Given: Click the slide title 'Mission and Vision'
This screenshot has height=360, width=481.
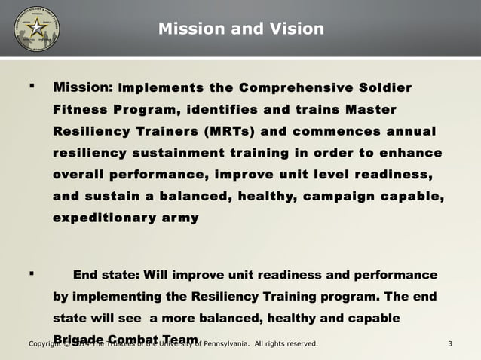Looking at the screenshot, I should pyautogui.click(x=241, y=29).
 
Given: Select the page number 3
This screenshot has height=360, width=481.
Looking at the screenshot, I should pyautogui.click(x=449, y=345).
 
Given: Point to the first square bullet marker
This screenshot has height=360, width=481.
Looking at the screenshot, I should pyautogui.click(x=31, y=88).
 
